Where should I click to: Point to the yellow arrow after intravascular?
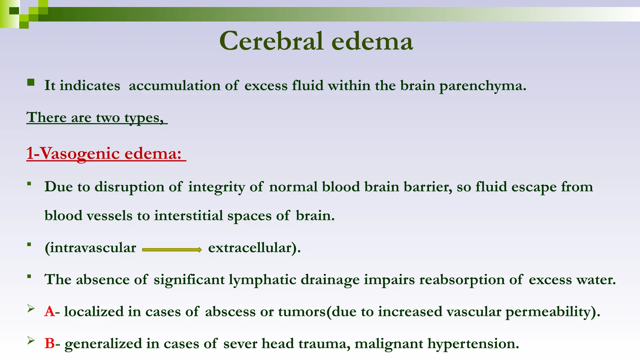coord(172,249)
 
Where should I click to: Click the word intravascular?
coord(90,248)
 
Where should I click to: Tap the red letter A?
coord(49,312)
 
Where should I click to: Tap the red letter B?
coord(50,343)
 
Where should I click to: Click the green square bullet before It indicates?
coord(31,82)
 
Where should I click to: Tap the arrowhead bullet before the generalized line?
coord(31,341)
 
